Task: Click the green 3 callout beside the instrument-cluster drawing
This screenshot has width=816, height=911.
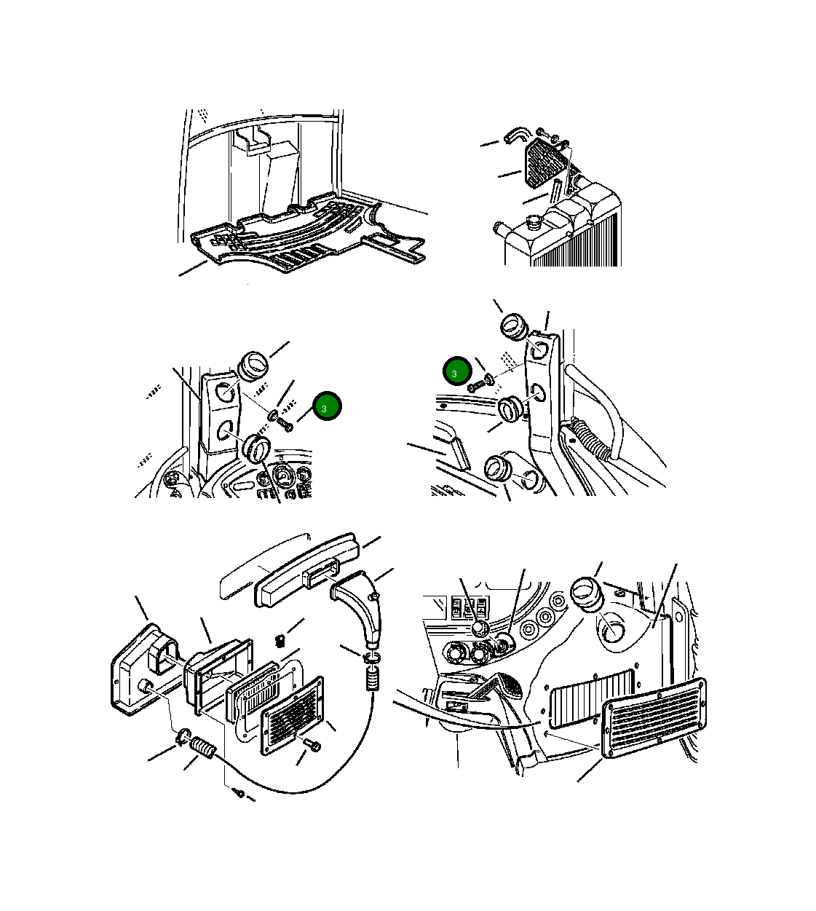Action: point(327,406)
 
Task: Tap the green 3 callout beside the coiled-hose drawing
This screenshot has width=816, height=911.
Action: point(457,371)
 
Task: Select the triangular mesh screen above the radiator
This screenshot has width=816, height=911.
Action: point(545,163)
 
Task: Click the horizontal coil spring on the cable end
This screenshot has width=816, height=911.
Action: point(203,748)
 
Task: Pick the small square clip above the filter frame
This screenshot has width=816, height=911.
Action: point(280,641)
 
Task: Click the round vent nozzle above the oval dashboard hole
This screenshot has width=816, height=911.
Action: point(586,595)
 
